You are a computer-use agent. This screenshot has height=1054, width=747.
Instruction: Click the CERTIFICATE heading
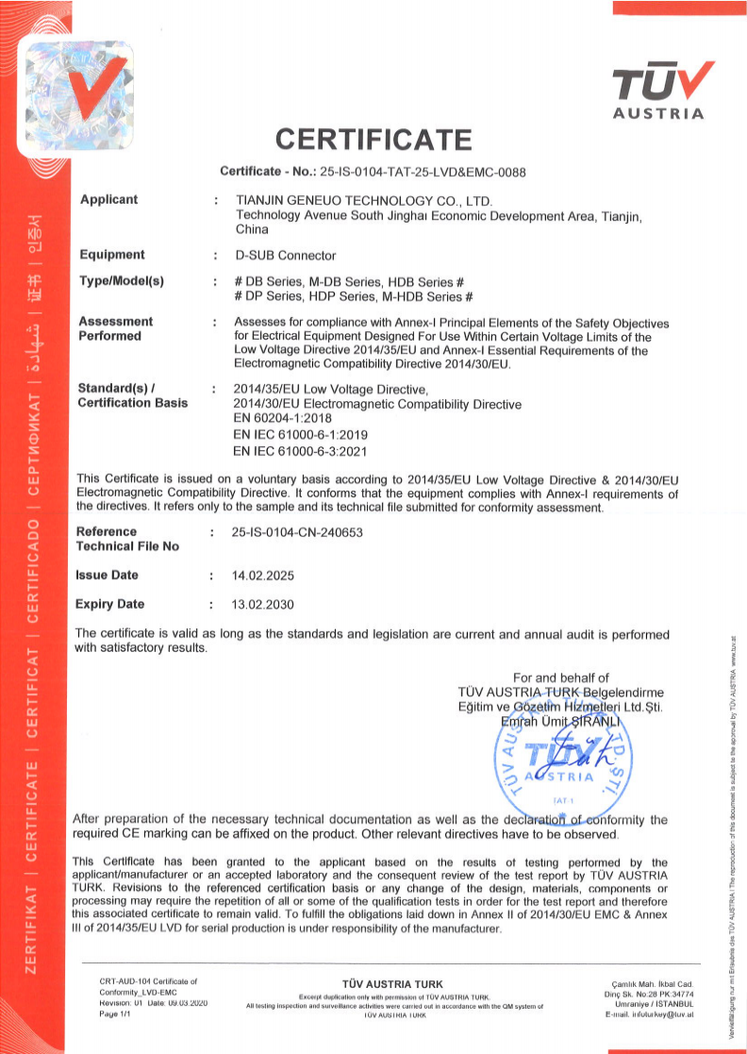[373, 141]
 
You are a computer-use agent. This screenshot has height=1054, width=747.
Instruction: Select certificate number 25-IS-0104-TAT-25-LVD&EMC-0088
[423, 172]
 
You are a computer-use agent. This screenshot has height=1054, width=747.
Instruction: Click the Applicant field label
[108, 199]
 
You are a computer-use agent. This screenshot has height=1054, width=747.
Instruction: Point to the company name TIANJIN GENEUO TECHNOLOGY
[362, 201]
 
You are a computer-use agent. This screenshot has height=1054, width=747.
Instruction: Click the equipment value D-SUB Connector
[285, 256]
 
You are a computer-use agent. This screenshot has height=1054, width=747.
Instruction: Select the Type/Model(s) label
[122, 282]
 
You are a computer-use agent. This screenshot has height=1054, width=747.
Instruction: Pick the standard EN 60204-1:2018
[286, 419]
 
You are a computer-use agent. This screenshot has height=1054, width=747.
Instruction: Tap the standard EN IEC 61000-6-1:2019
[300, 435]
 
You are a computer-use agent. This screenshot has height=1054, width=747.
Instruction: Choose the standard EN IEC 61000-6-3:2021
[300, 451]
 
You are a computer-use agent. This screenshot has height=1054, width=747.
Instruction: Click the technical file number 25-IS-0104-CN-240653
[296, 532]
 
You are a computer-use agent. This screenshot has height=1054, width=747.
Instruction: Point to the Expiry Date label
[110, 604]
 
